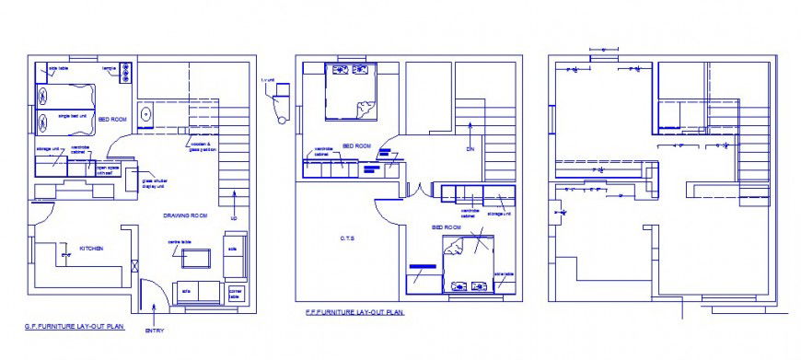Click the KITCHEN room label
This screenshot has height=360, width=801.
[x=90, y=249]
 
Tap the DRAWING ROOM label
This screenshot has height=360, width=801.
[x=185, y=215]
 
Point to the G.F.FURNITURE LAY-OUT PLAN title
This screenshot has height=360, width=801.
[x=74, y=327]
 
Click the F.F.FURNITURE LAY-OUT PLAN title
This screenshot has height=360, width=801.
[x=354, y=313]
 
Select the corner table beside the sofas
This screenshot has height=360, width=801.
[x=236, y=293]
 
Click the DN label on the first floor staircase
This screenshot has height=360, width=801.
[x=470, y=148]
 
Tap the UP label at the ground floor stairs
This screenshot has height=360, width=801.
[x=234, y=218]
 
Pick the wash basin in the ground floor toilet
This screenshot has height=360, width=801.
[x=145, y=115]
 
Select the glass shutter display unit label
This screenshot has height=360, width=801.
[x=153, y=184]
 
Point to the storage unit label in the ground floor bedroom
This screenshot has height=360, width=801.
[x=48, y=148]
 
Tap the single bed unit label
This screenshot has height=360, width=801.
[x=73, y=116]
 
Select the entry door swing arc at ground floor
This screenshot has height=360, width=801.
[x=157, y=296]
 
